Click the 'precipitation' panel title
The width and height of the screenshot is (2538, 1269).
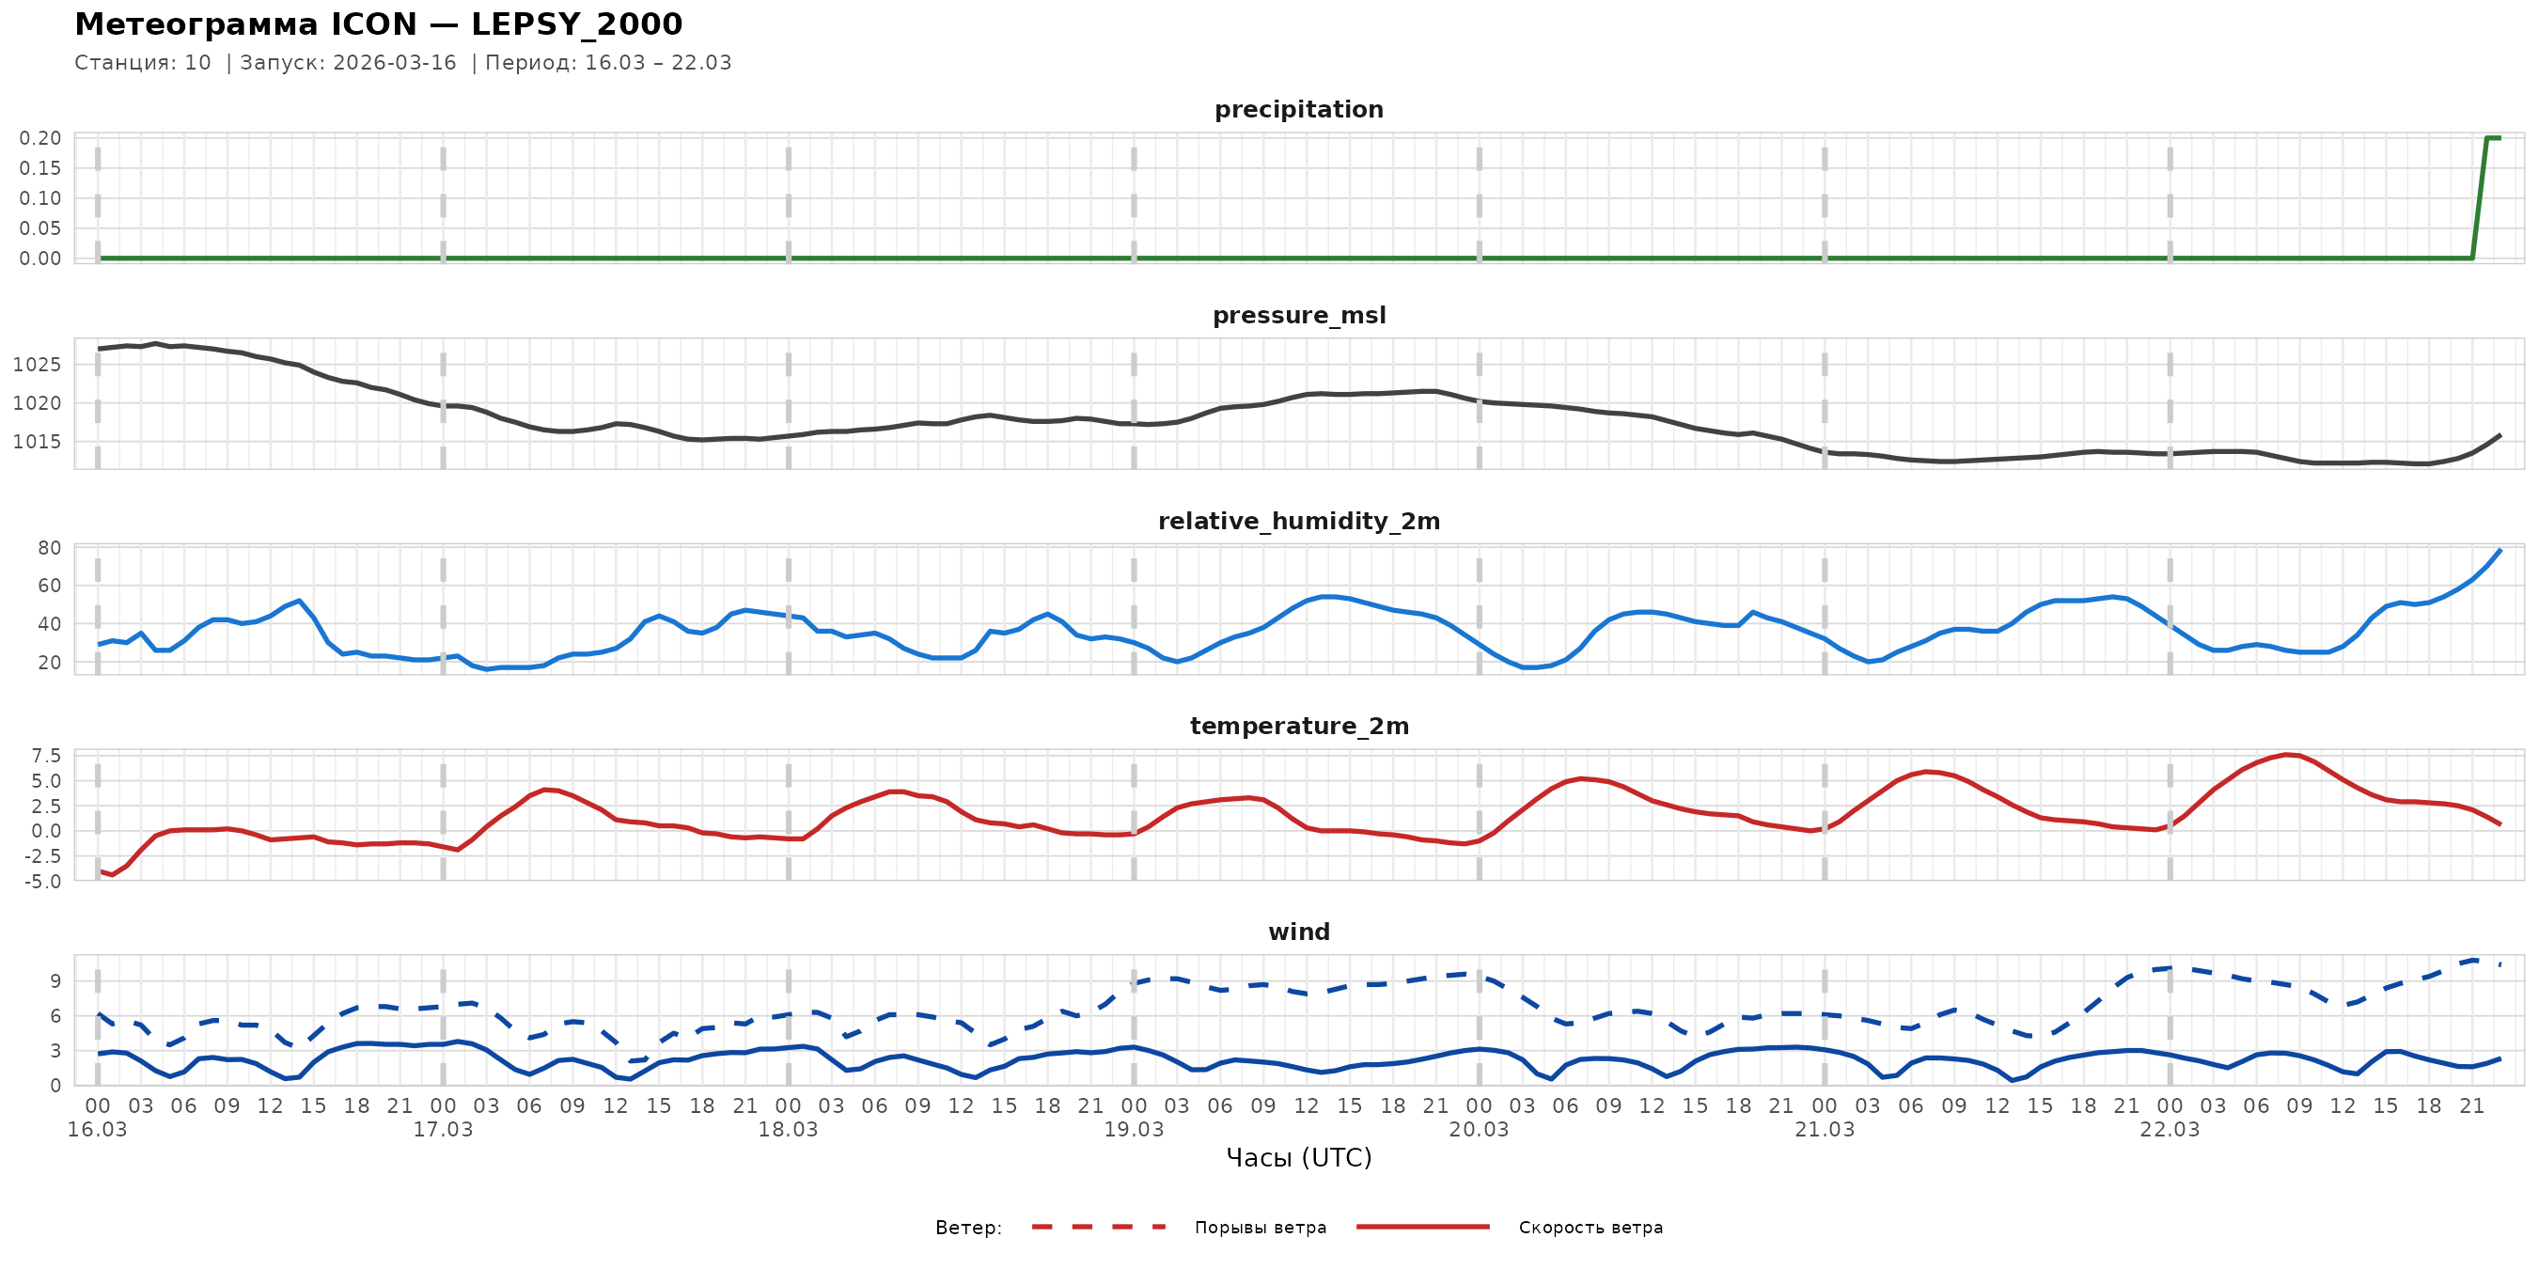click(1298, 109)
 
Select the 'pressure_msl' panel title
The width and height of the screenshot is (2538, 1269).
click(1298, 315)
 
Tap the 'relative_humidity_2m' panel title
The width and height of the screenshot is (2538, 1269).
click(1298, 521)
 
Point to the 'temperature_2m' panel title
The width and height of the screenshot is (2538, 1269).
click(1298, 726)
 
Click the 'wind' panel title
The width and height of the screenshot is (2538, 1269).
click(1298, 932)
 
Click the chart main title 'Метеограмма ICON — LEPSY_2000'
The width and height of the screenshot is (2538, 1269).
click(378, 23)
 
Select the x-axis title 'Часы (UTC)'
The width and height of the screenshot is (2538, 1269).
click(1298, 1158)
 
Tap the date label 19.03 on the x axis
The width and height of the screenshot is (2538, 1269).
click(1133, 1130)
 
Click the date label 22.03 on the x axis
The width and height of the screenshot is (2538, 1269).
click(2170, 1130)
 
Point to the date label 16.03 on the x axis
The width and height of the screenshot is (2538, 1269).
click(98, 1130)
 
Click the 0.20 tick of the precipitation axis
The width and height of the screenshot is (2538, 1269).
click(40, 138)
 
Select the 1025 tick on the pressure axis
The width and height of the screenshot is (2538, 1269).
click(37, 365)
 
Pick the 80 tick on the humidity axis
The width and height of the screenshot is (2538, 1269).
click(49, 548)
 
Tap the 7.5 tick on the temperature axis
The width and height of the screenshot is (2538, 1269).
click(46, 756)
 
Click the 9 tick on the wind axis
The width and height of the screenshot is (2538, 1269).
click(55, 980)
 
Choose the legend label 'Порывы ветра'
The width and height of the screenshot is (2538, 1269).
click(1261, 1228)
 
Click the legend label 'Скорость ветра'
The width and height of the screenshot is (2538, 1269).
click(1590, 1228)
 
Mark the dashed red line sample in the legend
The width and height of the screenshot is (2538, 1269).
click(1099, 1227)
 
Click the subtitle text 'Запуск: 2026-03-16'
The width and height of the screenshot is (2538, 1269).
click(348, 63)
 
